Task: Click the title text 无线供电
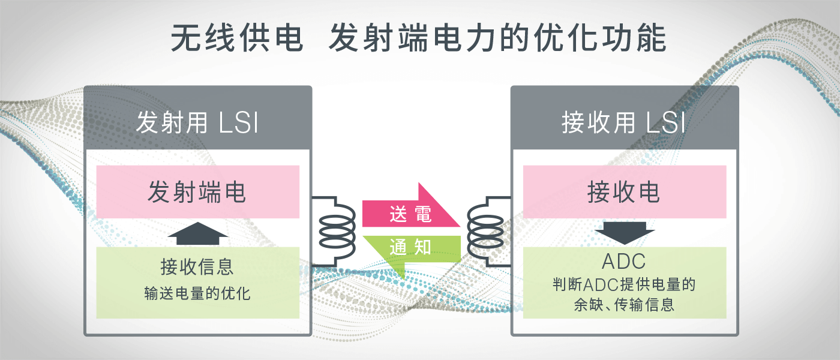(236, 39)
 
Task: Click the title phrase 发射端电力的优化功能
(498, 39)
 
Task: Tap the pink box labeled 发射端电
(197, 192)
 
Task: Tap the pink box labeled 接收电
(624, 192)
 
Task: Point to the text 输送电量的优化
(197, 294)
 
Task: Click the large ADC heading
(624, 262)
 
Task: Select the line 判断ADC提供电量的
(624, 284)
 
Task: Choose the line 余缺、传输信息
(624, 305)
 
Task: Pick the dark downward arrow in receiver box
(624, 233)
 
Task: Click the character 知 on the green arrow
(422, 247)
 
